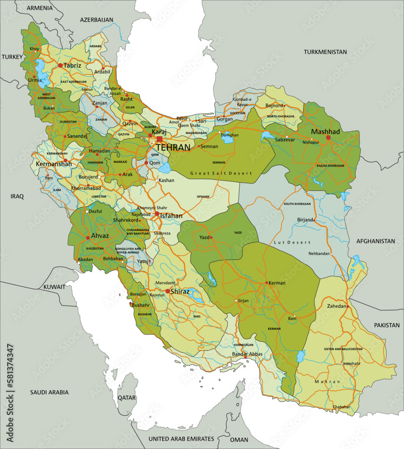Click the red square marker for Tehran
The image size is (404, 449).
pyautogui.click(x=160, y=139)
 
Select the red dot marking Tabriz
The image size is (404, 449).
pyautogui.click(x=60, y=66)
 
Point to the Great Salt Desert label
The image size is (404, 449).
pyautogui.click(x=221, y=173)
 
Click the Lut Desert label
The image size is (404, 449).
pyautogui.click(x=292, y=242)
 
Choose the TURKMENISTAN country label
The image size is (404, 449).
pyautogui.click(x=325, y=52)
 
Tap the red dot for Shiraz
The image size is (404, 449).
pyautogui.click(x=168, y=291)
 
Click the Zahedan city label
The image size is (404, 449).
pyautogui.click(x=334, y=306)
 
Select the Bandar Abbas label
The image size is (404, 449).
pyautogui.click(x=247, y=354)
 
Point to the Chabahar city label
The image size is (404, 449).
pyautogui.click(x=341, y=407)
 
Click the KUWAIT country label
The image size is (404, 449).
pyautogui.click(x=54, y=286)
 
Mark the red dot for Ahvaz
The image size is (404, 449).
pyautogui.click(x=88, y=238)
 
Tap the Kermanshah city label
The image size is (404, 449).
pyautogui.click(x=53, y=165)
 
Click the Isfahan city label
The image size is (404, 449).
pyautogui.click(x=171, y=216)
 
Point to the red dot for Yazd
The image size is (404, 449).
pyautogui.click(x=211, y=238)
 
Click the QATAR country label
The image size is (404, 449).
pyautogui.click(x=127, y=397)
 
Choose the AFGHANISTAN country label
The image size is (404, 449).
pyautogui.click(x=376, y=241)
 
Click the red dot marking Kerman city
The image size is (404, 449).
pyautogui.click(x=267, y=283)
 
